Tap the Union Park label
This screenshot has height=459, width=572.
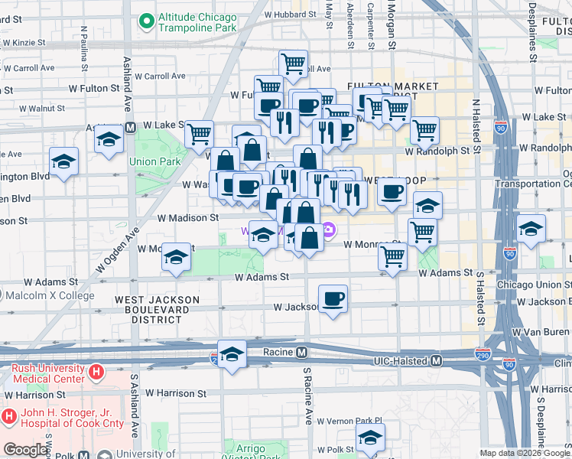pyautogui.click(x=154, y=161)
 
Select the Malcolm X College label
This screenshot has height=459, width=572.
pyautogui.click(x=51, y=295)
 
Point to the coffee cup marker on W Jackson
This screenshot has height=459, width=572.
pyautogui.click(x=332, y=299)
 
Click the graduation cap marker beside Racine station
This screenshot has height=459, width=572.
pyautogui.click(x=232, y=355)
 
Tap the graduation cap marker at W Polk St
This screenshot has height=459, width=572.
pyautogui.click(x=370, y=438)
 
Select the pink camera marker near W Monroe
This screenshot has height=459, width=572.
pyautogui.click(x=329, y=229)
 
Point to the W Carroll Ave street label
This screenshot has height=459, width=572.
pyautogui.click(x=160, y=76)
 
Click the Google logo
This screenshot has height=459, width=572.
pyautogui.click(x=25, y=450)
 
